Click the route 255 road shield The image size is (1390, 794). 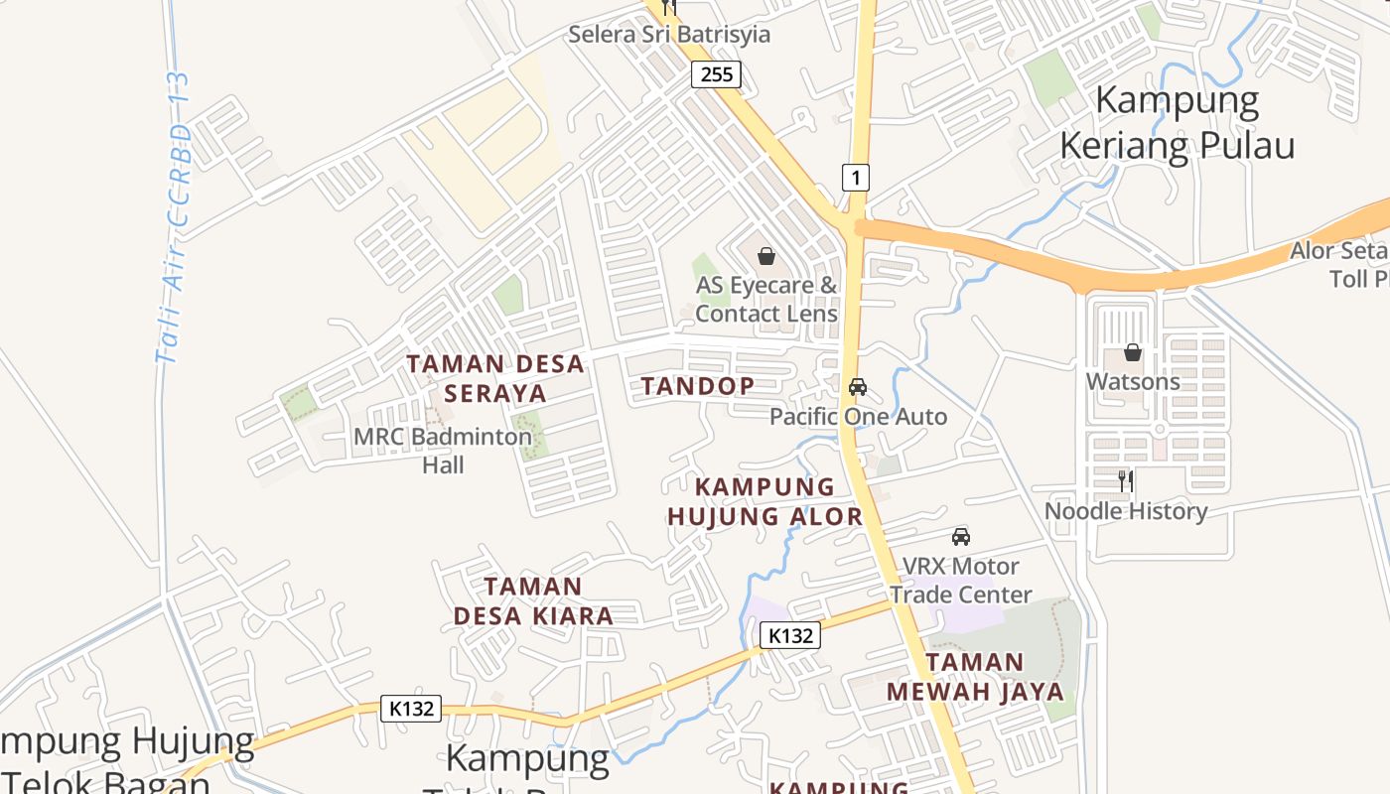(x=716, y=73)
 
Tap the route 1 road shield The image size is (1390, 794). (x=856, y=178)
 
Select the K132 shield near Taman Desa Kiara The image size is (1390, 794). (x=790, y=635)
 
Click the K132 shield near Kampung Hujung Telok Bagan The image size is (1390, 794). (x=411, y=708)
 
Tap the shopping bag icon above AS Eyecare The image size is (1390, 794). (x=766, y=256)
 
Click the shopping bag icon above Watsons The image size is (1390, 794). (x=1132, y=352)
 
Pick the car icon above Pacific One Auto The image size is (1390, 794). (x=858, y=386)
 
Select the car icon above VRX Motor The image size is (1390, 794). (x=960, y=537)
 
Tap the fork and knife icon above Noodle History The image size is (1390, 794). (x=1126, y=481)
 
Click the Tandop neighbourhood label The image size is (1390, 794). (x=697, y=386)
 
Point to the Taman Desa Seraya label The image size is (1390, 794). (x=495, y=378)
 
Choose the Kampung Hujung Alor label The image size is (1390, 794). (x=764, y=501)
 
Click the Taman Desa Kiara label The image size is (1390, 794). (x=533, y=601)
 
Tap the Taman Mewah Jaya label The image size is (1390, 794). (x=975, y=676)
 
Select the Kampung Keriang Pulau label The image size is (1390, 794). (x=1178, y=123)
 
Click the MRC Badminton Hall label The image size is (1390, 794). (x=443, y=450)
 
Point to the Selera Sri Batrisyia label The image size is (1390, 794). (x=669, y=35)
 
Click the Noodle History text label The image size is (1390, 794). (x=1126, y=511)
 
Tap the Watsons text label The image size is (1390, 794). (x=1133, y=381)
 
